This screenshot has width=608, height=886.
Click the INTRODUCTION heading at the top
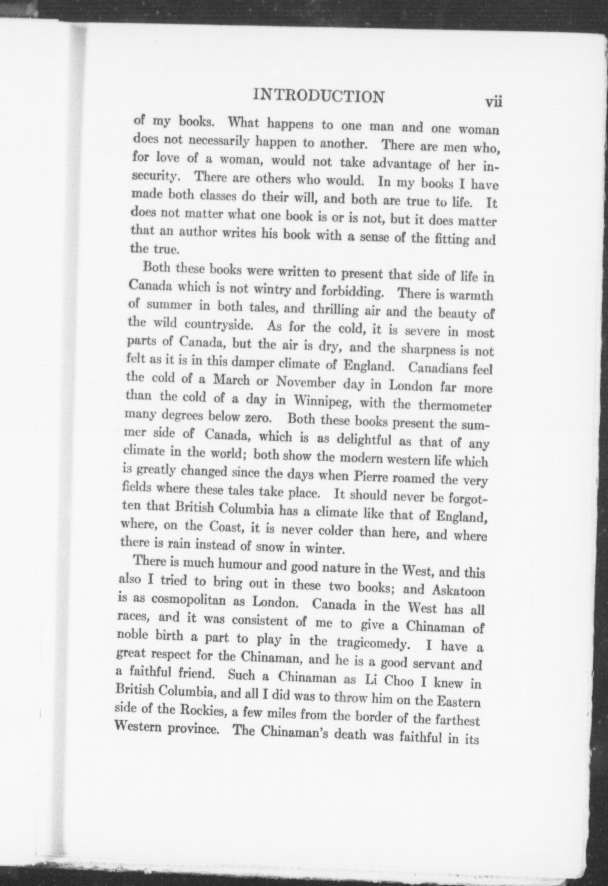pos(318,96)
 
